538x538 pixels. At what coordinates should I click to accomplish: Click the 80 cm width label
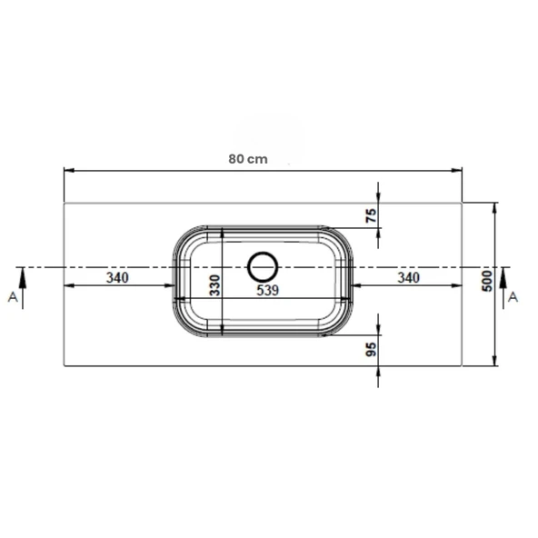248,159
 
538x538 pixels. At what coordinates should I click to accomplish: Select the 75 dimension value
372,215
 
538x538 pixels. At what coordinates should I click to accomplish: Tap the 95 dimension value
372,349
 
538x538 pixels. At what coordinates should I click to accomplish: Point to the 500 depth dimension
487,282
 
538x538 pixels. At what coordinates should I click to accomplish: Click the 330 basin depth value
215,285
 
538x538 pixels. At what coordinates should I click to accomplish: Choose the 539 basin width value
267,290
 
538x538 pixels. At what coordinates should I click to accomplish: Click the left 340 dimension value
117,277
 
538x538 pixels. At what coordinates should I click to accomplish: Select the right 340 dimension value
409,277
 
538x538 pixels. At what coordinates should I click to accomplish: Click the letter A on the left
13,297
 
